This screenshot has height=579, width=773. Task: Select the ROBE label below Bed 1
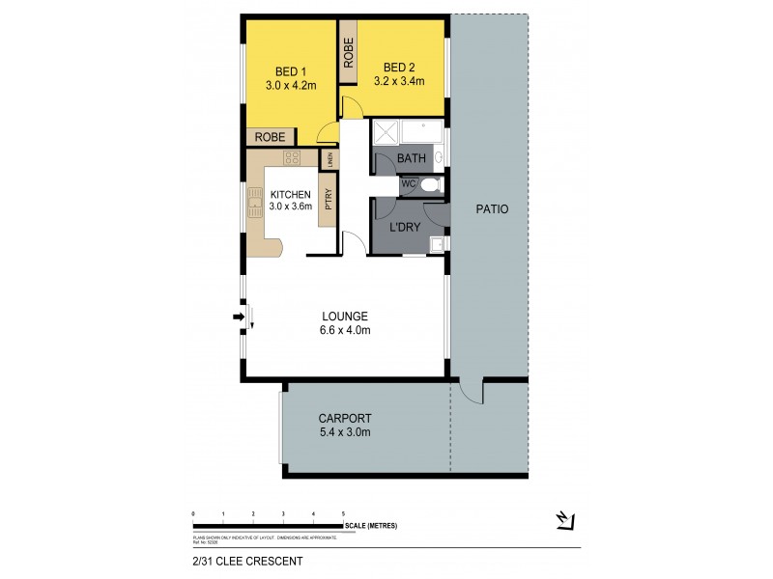click(270, 137)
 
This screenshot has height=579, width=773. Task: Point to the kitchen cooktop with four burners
click(290, 159)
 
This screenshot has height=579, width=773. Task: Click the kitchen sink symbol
click(256, 202)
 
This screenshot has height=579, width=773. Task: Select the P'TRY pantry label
click(329, 204)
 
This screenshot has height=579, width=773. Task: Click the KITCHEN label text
click(290, 194)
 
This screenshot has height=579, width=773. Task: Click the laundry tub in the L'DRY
click(438, 244)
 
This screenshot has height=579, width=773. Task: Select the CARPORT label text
click(345, 419)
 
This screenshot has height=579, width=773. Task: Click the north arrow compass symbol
click(566, 520)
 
